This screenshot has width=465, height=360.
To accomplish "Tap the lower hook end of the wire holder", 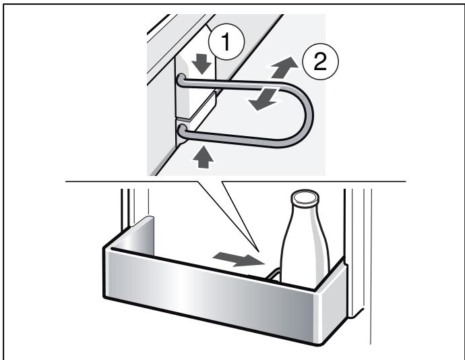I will click(182, 127).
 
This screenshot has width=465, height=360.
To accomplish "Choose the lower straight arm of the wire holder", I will click(236, 140).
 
